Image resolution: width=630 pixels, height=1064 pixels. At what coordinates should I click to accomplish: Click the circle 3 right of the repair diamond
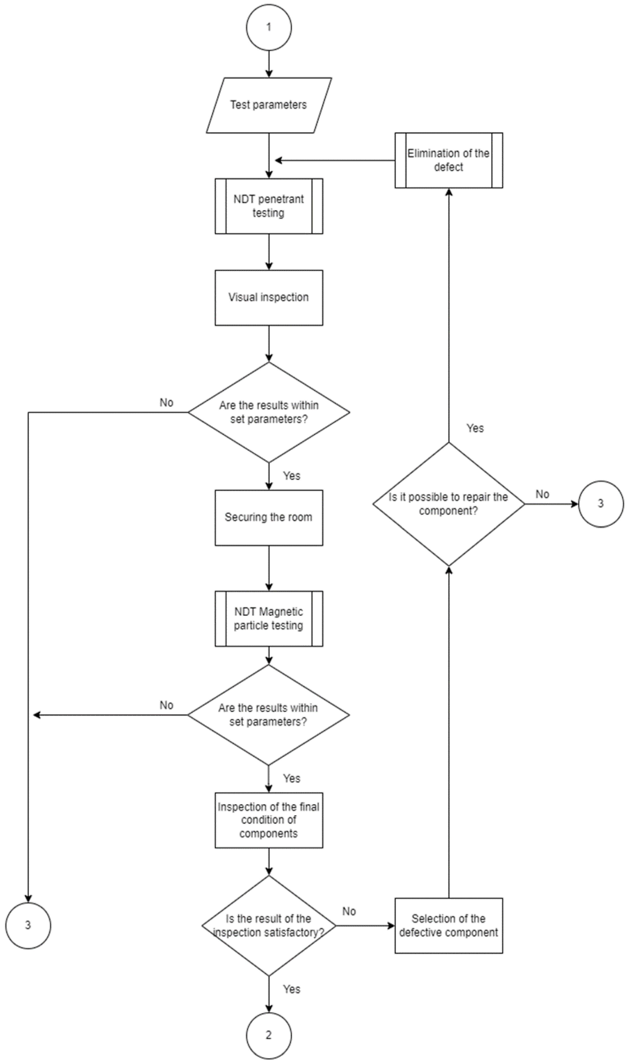601,504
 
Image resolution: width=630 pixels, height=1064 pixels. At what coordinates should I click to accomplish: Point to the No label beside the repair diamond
542,494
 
